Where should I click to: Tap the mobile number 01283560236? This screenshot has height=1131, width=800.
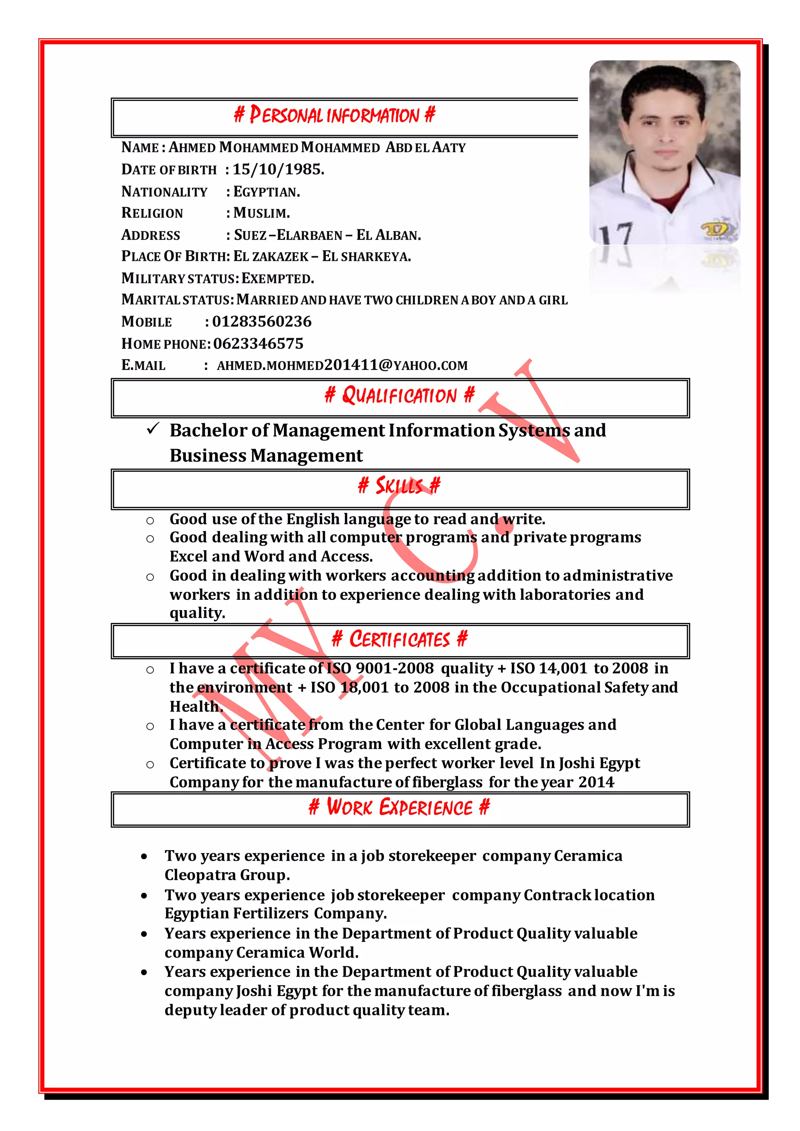262,322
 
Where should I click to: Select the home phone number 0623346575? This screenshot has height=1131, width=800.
258,343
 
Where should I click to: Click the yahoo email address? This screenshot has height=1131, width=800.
342,365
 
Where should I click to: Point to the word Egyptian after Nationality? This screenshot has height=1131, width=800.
266,192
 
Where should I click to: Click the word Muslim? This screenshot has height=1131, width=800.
261,213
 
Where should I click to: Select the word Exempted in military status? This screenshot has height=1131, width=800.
277,278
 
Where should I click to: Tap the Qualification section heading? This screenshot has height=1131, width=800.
400,396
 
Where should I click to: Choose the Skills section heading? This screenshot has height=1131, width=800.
400,486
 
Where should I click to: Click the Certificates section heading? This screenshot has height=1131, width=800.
400,639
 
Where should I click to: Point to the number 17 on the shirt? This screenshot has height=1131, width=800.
616,234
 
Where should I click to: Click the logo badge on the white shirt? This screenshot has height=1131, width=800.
716,230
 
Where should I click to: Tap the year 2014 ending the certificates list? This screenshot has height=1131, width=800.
596,782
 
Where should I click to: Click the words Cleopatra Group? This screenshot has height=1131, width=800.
227,875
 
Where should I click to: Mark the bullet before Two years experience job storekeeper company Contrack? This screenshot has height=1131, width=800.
144,896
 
